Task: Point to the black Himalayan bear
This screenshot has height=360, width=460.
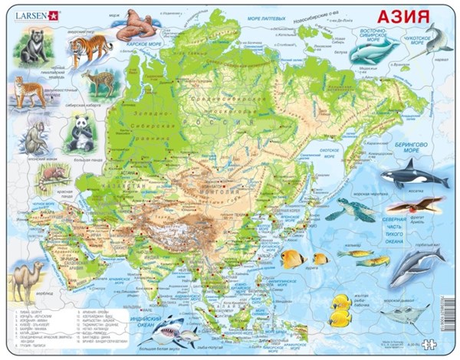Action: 33,47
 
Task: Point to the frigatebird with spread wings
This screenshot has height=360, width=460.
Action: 413,205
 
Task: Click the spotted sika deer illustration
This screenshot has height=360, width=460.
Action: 99,82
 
